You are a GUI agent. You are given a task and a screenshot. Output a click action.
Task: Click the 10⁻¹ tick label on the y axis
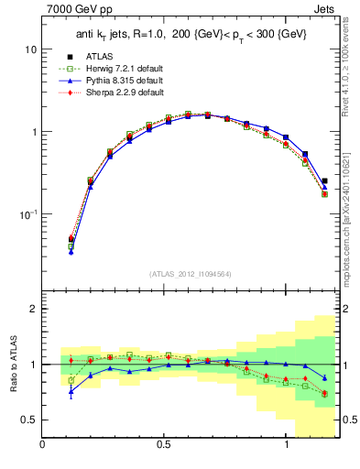pos(27,213)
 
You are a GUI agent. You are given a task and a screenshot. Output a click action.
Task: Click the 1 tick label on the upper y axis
pos(33,132)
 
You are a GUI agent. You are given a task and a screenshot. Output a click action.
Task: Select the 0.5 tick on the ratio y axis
pos(27,420)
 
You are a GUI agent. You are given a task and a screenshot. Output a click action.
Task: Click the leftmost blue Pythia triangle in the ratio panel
pos(71,391)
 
